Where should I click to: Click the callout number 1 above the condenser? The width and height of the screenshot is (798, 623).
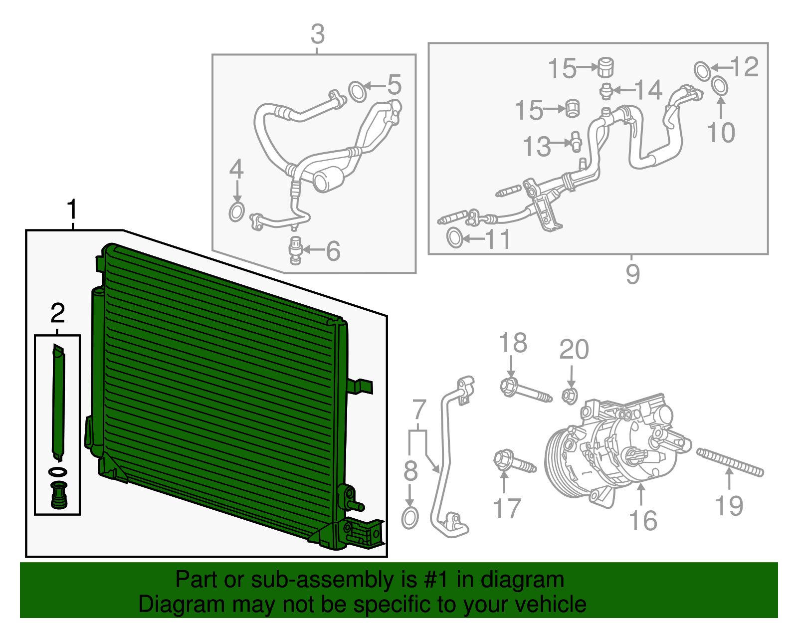click(72, 209)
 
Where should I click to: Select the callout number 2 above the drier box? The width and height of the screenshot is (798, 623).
click(58, 313)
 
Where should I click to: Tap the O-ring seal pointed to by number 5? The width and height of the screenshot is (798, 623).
click(357, 91)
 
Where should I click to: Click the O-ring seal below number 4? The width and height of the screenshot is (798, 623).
click(236, 211)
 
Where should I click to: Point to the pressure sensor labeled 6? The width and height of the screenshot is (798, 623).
click(295, 250)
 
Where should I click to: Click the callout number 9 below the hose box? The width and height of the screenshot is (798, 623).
click(632, 274)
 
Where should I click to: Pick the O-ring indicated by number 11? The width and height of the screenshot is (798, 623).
click(454, 237)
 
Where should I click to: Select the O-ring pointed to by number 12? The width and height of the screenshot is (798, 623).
click(702, 70)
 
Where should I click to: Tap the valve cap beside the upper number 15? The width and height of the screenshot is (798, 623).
click(605, 67)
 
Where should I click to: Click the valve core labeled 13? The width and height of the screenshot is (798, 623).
click(576, 141)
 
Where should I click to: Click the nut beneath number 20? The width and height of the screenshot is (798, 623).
click(569, 396)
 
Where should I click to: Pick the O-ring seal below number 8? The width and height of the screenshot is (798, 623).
click(409, 518)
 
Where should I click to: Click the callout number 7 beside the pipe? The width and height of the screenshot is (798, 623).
click(418, 410)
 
